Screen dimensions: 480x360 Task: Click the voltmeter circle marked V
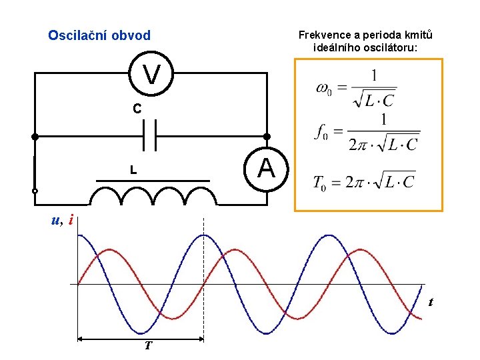point(152,74)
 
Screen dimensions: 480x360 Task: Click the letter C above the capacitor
point(136,108)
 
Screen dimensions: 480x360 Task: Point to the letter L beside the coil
point(133,171)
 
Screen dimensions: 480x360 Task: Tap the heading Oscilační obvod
point(99,35)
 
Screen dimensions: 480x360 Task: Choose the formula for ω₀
point(357,88)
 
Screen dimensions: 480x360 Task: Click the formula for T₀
point(364,181)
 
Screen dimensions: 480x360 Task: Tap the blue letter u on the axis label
point(56,219)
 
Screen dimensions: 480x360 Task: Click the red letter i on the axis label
point(71,219)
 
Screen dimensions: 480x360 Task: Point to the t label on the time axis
point(431,302)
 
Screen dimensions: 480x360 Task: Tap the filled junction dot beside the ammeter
point(267,137)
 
